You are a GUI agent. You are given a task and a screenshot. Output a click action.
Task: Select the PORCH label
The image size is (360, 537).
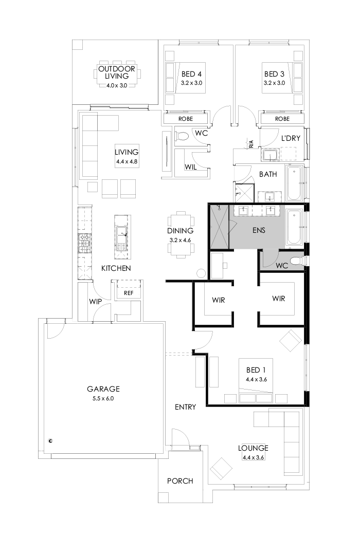click(x=180, y=481)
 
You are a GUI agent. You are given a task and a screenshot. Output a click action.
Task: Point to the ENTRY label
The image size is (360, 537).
click(x=185, y=407)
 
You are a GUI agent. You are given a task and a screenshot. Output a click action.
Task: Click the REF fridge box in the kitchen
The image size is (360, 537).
click(x=128, y=292)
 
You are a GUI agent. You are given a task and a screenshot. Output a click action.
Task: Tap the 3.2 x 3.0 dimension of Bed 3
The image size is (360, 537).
click(x=274, y=82)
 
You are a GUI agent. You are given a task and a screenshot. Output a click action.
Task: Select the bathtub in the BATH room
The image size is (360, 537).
click(x=295, y=183)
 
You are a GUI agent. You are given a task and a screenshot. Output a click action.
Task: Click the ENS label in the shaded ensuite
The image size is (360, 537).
click(x=259, y=230)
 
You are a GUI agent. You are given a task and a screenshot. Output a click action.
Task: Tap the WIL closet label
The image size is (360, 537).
click(x=190, y=167)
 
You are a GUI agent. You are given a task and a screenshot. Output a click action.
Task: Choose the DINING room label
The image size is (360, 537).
click(x=180, y=231)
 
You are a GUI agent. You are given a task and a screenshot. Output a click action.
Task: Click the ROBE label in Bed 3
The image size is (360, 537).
click(x=282, y=119)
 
